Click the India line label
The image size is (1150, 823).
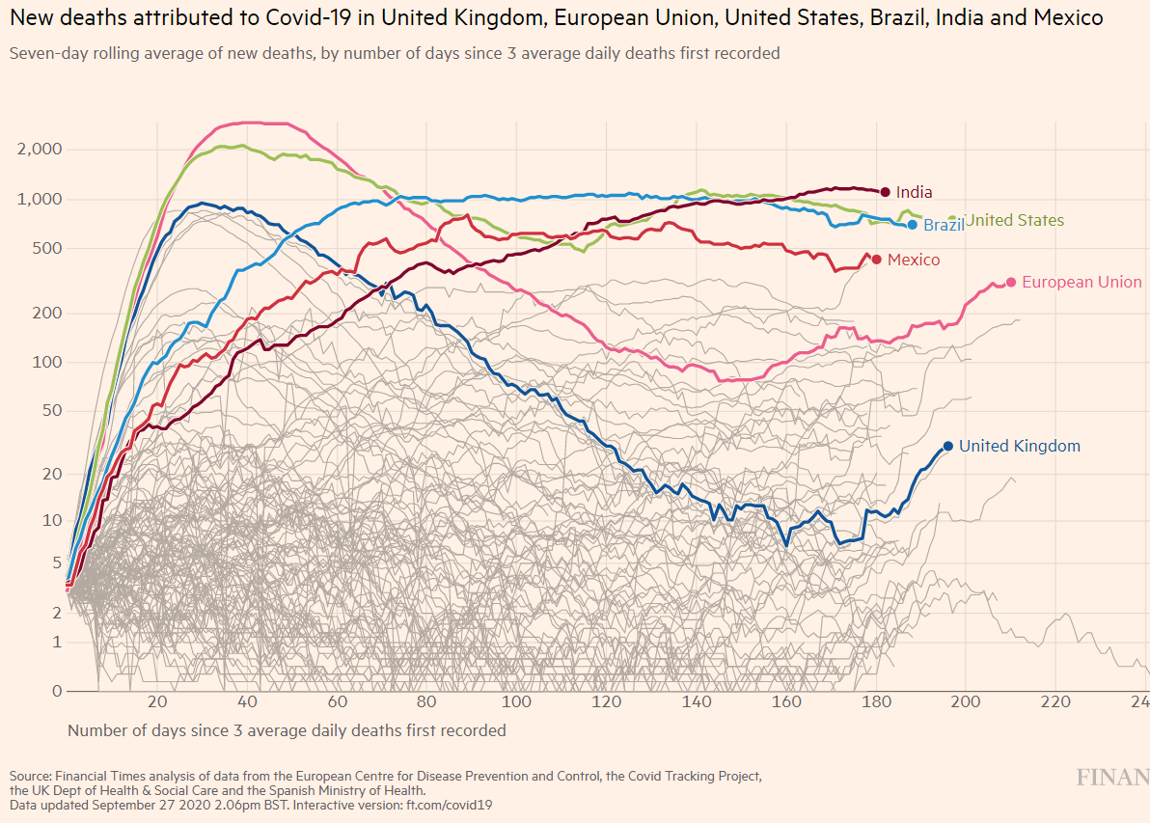point(914,192)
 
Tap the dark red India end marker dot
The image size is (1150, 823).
point(885,192)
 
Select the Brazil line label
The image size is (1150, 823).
point(944,225)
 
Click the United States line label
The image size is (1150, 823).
point(1015,220)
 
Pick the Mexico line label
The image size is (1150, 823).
point(913,260)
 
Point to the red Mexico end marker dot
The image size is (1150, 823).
point(876,259)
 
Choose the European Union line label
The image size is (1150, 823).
point(1081,282)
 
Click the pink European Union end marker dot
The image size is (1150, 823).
point(1010,282)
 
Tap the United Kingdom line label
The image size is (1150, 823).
point(1019,446)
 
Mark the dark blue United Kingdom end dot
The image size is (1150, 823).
point(947,446)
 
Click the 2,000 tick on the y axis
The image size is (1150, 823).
point(39,150)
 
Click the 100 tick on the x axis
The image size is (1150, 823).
point(517,701)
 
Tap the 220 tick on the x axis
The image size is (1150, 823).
point(1056,701)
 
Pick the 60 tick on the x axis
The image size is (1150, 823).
point(338,701)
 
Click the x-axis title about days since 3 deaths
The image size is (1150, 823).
point(287,730)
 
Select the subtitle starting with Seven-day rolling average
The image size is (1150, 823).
point(395,53)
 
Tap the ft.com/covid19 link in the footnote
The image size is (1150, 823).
point(450,804)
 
